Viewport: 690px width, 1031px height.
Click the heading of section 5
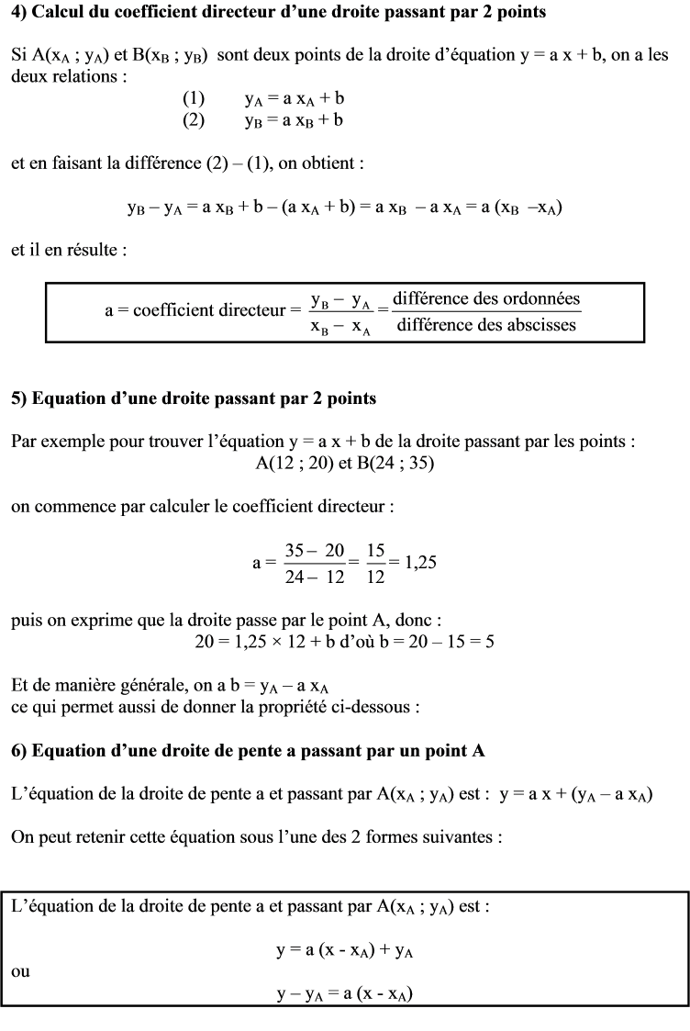tap(194, 399)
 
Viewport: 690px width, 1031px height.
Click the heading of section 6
tap(248, 750)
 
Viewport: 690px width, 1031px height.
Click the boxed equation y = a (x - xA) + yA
tap(345, 952)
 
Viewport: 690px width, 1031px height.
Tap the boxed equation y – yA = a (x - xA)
tap(345, 995)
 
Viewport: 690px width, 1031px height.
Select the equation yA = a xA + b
tap(295, 98)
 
